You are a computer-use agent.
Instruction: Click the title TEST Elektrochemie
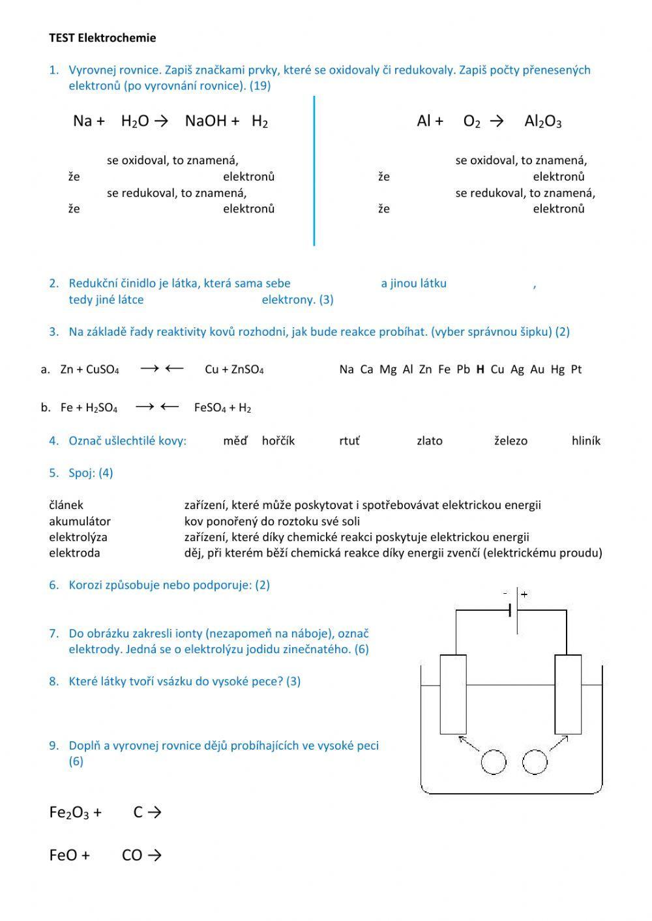tap(102, 38)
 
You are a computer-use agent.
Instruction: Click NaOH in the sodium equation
tap(205, 121)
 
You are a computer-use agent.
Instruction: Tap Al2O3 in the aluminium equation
tap(542, 121)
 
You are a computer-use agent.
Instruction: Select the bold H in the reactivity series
tap(480, 370)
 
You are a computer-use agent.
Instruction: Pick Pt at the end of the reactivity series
tap(576, 370)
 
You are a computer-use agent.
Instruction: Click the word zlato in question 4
tap(429, 441)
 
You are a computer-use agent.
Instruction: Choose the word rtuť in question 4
tap(349, 441)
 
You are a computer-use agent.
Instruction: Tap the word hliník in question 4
tap(585, 441)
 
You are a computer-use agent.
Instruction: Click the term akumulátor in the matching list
tap(80, 521)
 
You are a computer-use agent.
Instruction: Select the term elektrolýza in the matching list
tap(78, 537)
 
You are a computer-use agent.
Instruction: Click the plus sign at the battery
tap(524, 594)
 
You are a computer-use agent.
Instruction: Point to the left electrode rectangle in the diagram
tap(453, 695)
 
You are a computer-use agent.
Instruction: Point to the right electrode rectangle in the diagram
tap(568, 695)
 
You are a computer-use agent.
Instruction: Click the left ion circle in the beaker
tap(494, 761)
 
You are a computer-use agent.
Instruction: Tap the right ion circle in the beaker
tap(535, 761)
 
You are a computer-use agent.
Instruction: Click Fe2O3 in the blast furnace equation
tap(69, 813)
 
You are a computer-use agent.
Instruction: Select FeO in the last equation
tap(63, 855)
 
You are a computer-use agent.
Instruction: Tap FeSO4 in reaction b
tap(210, 408)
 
